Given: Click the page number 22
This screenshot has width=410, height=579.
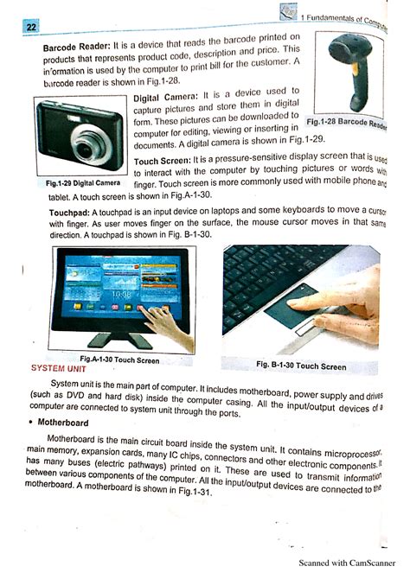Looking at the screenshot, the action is pyautogui.click(x=31, y=28).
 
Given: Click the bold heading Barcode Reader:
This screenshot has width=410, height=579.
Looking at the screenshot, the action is pyautogui.click(x=75, y=45).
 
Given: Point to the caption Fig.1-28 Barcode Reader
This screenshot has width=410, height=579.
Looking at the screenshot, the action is pyautogui.click(x=349, y=123).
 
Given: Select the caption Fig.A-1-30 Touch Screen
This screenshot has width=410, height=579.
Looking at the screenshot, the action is pyautogui.click(x=119, y=359).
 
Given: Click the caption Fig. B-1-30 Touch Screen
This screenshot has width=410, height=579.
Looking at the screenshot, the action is pyautogui.click(x=301, y=366).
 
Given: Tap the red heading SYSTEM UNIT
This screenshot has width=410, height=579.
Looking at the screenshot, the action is pyautogui.click(x=59, y=368).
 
